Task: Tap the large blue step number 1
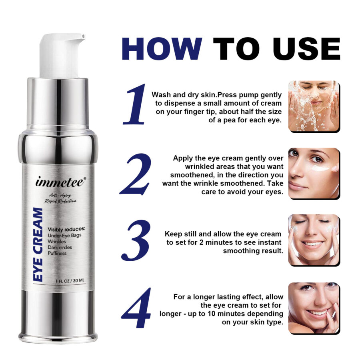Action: (135, 104)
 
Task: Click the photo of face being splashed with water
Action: (314, 106)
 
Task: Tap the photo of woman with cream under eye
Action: (314, 173)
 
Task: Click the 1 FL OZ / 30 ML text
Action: (70, 280)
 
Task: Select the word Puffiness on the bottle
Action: (57, 253)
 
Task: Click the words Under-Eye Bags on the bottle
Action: (64, 235)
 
